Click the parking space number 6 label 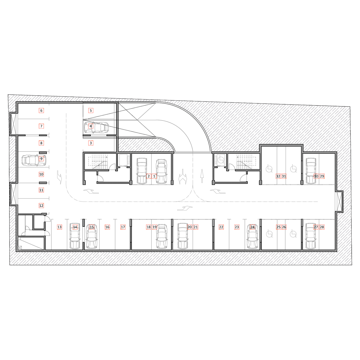coord(41,110)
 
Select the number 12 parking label coord(41,205)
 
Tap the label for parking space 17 coord(123,227)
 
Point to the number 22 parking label coord(221,227)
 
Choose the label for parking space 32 coord(278,176)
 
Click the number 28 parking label coord(322,227)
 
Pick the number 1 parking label coord(154,176)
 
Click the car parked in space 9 coord(34,160)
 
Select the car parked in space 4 coord(96,127)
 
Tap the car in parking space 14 coord(75,236)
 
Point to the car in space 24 coord(253,236)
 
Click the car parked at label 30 coord(311,171)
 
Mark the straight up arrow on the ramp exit coord(202,176)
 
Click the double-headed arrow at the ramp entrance coord(183,176)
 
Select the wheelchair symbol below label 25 coord(269,234)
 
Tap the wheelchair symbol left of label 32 coord(269,169)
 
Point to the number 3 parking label coord(91,143)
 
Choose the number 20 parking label coord(189,227)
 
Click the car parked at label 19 coord(162,236)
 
